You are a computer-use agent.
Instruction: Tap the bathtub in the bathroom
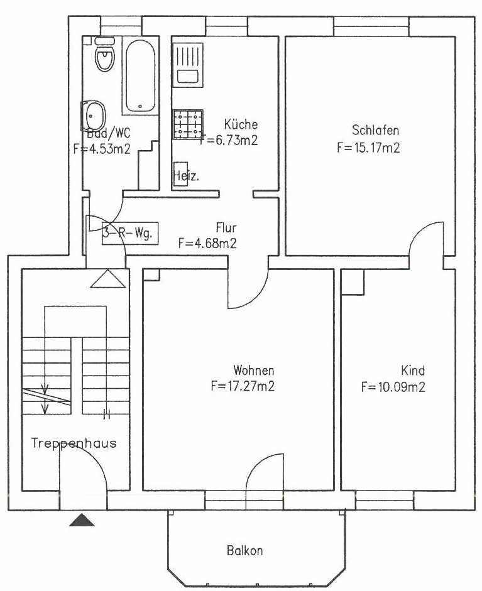pyautogui.click(x=140, y=76)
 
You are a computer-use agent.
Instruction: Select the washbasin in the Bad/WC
pyautogui.click(x=93, y=116)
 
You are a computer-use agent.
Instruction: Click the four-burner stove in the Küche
pyautogui.click(x=188, y=124)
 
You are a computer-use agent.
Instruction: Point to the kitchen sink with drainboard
pyautogui.click(x=188, y=65)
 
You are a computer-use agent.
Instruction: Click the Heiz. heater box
pyautogui.click(x=181, y=176)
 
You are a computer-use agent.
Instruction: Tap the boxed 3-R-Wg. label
pyautogui.click(x=129, y=233)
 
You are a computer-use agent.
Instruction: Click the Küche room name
pyautogui.click(x=241, y=124)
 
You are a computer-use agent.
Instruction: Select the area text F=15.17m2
pyautogui.click(x=368, y=147)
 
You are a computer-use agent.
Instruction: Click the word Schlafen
pyautogui.click(x=375, y=130)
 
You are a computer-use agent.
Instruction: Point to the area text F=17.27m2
pyautogui.click(x=243, y=386)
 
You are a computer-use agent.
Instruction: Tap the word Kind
pyautogui.click(x=413, y=371)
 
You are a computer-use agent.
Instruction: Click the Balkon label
pyautogui.click(x=244, y=551)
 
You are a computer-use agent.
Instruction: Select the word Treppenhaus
pyautogui.click(x=74, y=443)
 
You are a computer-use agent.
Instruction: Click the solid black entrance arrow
pyautogui.click(x=82, y=521)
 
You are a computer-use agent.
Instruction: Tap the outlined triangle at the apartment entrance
pyautogui.click(x=108, y=279)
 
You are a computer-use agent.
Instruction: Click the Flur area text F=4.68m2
pyautogui.click(x=207, y=244)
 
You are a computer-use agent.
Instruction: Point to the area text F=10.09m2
pyautogui.click(x=393, y=387)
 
